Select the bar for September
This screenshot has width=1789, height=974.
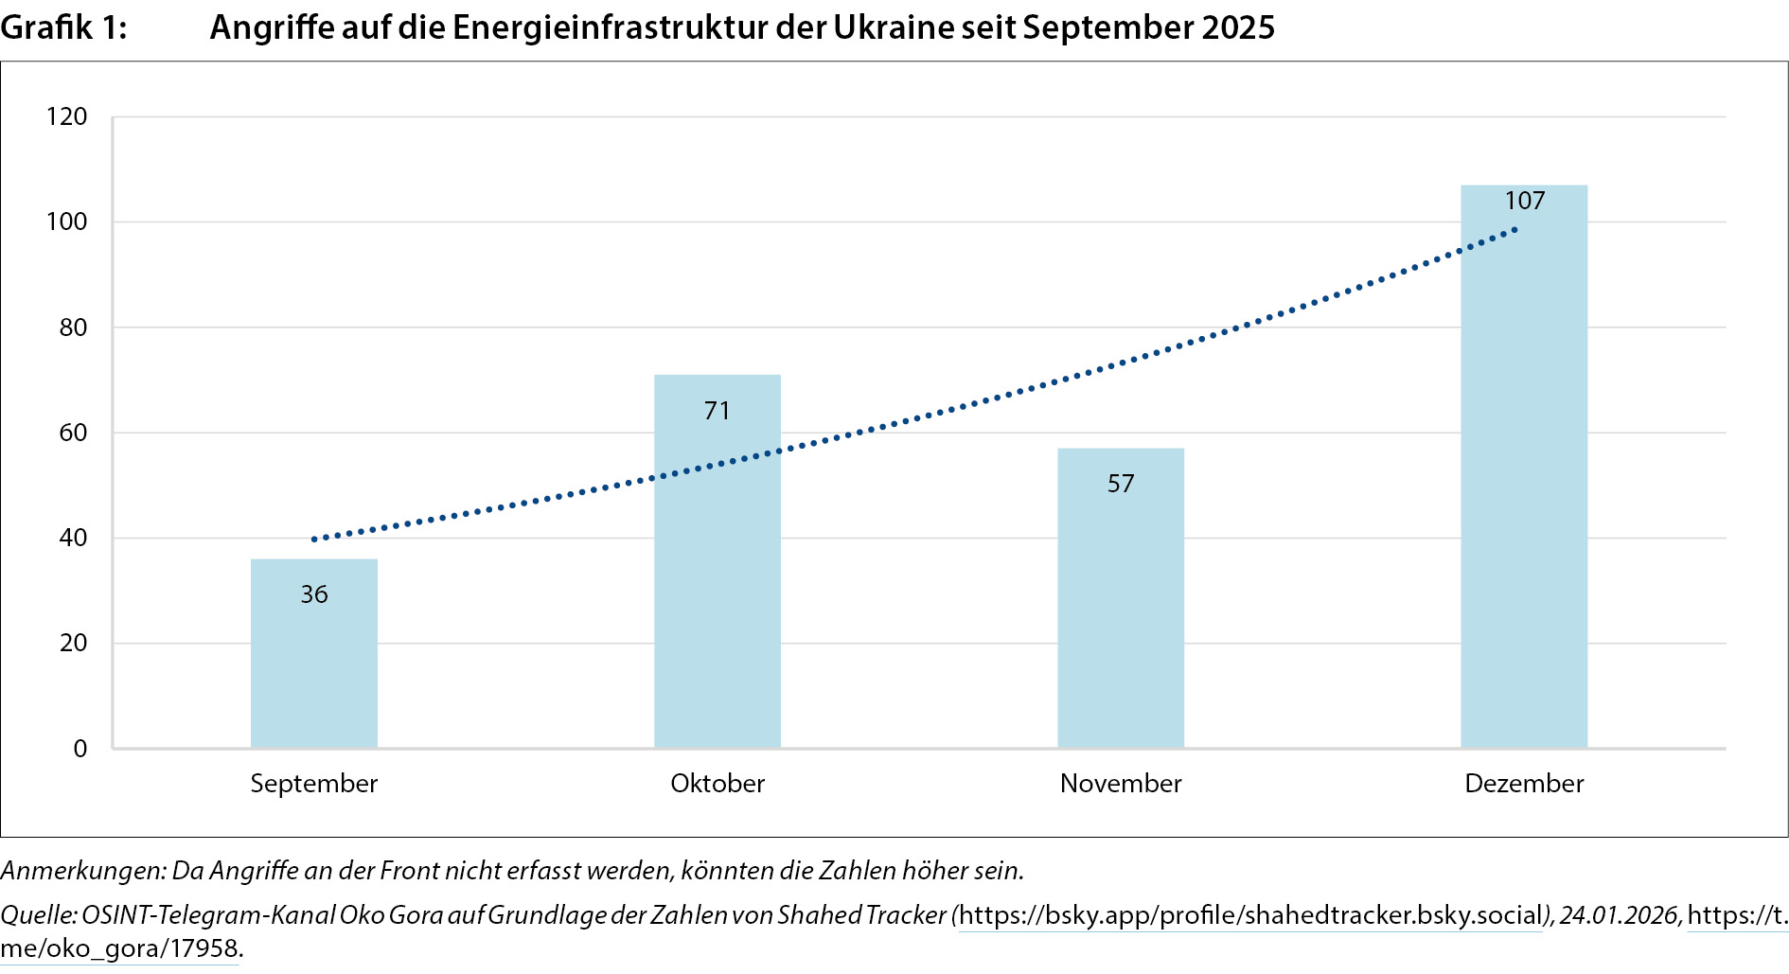(x=313, y=663)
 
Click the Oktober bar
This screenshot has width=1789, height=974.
(x=717, y=568)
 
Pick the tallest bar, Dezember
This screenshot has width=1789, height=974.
(x=1523, y=473)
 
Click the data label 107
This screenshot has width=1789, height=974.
(x=1524, y=201)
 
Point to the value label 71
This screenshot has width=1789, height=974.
(x=717, y=411)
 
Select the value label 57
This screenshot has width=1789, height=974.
(x=1120, y=484)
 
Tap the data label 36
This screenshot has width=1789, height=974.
(x=313, y=594)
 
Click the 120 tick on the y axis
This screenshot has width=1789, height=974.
(x=66, y=117)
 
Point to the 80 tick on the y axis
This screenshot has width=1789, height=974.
(x=73, y=328)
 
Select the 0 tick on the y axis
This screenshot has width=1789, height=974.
(x=80, y=749)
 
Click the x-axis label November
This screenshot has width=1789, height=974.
(x=1120, y=784)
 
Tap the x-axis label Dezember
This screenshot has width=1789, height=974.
(x=1523, y=784)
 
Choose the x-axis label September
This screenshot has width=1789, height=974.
(x=313, y=784)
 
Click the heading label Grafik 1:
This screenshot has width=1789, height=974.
(x=63, y=28)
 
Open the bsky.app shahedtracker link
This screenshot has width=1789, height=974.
(x=1250, y=915)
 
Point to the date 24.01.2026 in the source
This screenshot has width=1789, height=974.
(x=1619, y=915)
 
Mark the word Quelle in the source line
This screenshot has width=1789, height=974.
(x=38, y=915)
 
